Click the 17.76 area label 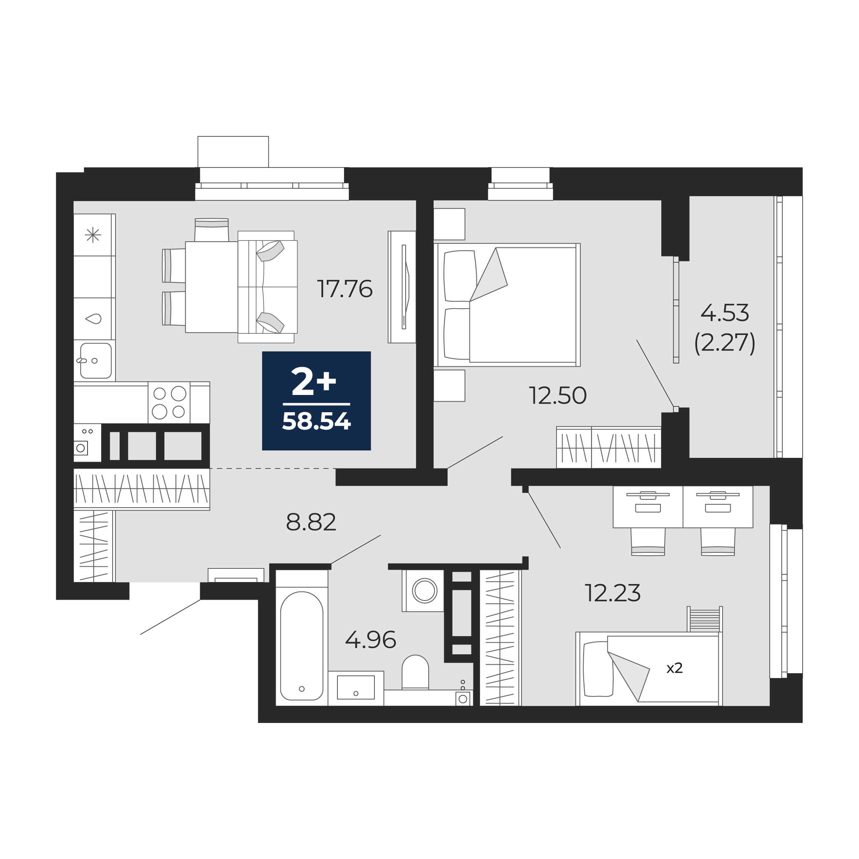(344, 289)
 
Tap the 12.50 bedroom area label (558, 395)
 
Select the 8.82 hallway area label (311, 522)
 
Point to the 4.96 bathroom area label (370, 640)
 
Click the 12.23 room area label (613, 593)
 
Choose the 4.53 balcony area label (725, 313)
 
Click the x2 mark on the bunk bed (674, 668)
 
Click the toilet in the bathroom (415, 672)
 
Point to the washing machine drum (425, 591)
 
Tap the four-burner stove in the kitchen (169, 402)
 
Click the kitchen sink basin (96, 360)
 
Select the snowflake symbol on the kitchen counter (93, 235)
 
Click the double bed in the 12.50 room (507, 305)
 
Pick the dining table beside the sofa (212, 287)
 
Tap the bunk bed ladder (705, 619)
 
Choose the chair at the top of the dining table (212, 230)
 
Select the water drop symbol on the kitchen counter (93, 319)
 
